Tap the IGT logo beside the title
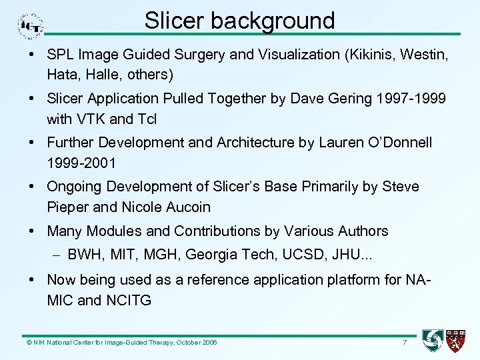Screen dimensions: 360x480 (x=31, y=26)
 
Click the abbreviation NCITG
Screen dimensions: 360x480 (x=128, y=301)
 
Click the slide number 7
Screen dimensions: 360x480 (x=404, y=343)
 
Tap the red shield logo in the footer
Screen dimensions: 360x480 (x=457, y=341)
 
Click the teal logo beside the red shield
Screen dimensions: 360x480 (x=433, y=341)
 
